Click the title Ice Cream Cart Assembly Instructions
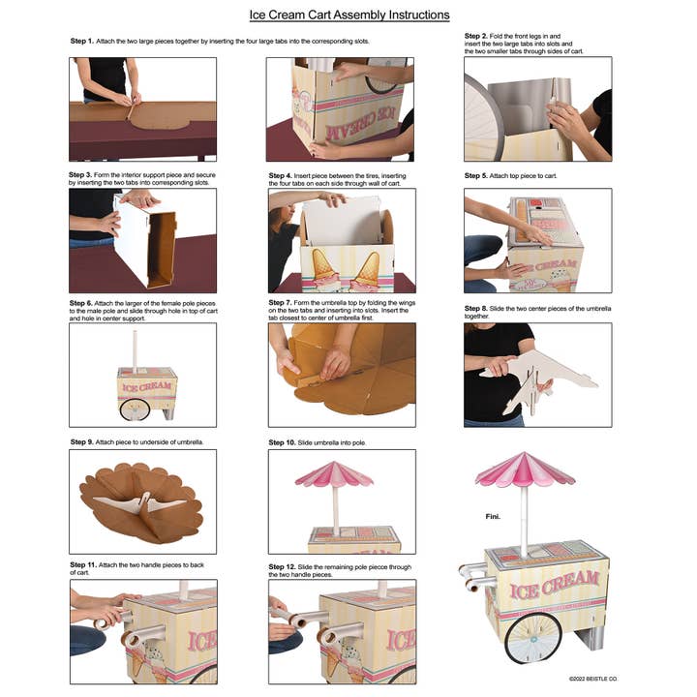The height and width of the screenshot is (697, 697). coord(349,15)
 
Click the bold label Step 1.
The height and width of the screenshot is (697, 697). coord(82,42)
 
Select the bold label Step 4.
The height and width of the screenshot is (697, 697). coord(283,176)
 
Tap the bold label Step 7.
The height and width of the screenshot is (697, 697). coord(283,302)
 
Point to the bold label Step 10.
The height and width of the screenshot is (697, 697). coord(285,441)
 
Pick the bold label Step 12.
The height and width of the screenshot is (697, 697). coord(285,563)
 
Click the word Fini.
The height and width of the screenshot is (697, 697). coord(493,517)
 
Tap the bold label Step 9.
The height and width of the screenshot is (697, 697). coord(82,441)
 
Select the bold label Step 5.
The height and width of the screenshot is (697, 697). coord(476,176)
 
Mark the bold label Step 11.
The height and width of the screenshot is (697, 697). coord(84,563)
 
